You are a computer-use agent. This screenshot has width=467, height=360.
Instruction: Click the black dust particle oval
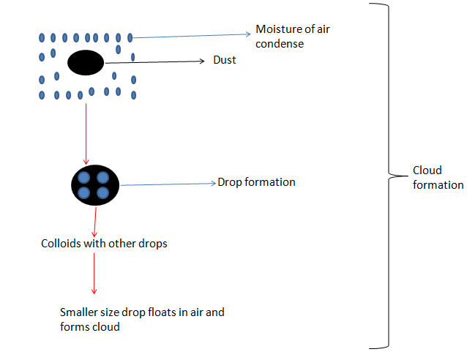86,63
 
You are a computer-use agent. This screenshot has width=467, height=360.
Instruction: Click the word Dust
224,60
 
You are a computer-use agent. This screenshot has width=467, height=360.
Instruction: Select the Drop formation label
256,181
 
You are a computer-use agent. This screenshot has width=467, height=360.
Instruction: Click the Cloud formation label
438,178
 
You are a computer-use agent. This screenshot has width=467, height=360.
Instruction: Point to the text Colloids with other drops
104,243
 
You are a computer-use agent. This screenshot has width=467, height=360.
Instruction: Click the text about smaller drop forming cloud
142,320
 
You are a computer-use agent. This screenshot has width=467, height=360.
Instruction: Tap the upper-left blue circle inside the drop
84,178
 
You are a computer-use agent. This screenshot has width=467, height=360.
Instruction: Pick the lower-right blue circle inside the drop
102,193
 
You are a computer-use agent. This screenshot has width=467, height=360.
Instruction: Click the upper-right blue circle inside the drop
102,178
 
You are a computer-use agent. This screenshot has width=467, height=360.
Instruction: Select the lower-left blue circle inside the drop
84,193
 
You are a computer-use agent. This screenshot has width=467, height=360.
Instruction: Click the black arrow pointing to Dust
157,62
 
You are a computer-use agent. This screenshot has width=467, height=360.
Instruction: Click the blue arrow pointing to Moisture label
190,35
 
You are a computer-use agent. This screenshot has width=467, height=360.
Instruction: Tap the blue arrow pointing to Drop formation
168,184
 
